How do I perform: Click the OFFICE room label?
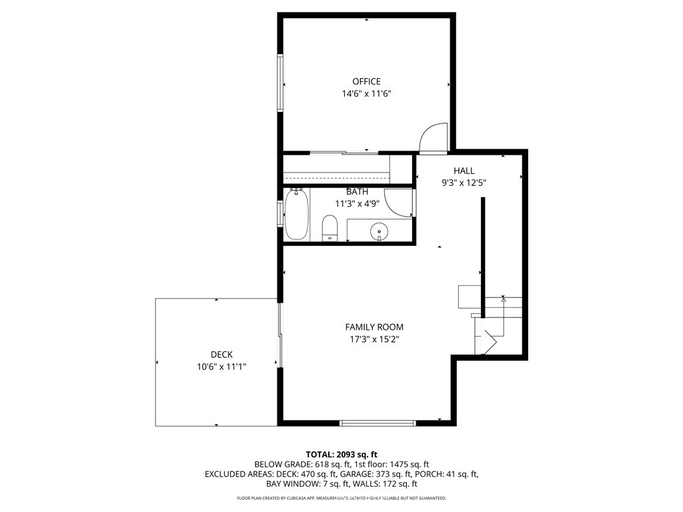(366, 81)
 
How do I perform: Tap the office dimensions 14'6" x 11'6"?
(366, 93)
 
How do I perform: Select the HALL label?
(464, 171)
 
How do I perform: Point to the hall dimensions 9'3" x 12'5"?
(464, 183)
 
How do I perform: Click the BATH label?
(358, 191)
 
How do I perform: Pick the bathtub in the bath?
(297, 214)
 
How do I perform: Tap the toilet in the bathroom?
(329, 228)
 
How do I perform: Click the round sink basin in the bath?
(379, 231)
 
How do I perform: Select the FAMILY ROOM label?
(374, 327)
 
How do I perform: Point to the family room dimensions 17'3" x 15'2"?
(374, 339)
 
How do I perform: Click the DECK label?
(221, 355)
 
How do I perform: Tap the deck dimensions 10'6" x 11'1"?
(221, 367)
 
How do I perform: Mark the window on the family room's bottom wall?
(378, 423)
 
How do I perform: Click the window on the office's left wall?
(281, 83)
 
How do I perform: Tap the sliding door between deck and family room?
(281, 335)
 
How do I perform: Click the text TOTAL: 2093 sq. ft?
(341, 455)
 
